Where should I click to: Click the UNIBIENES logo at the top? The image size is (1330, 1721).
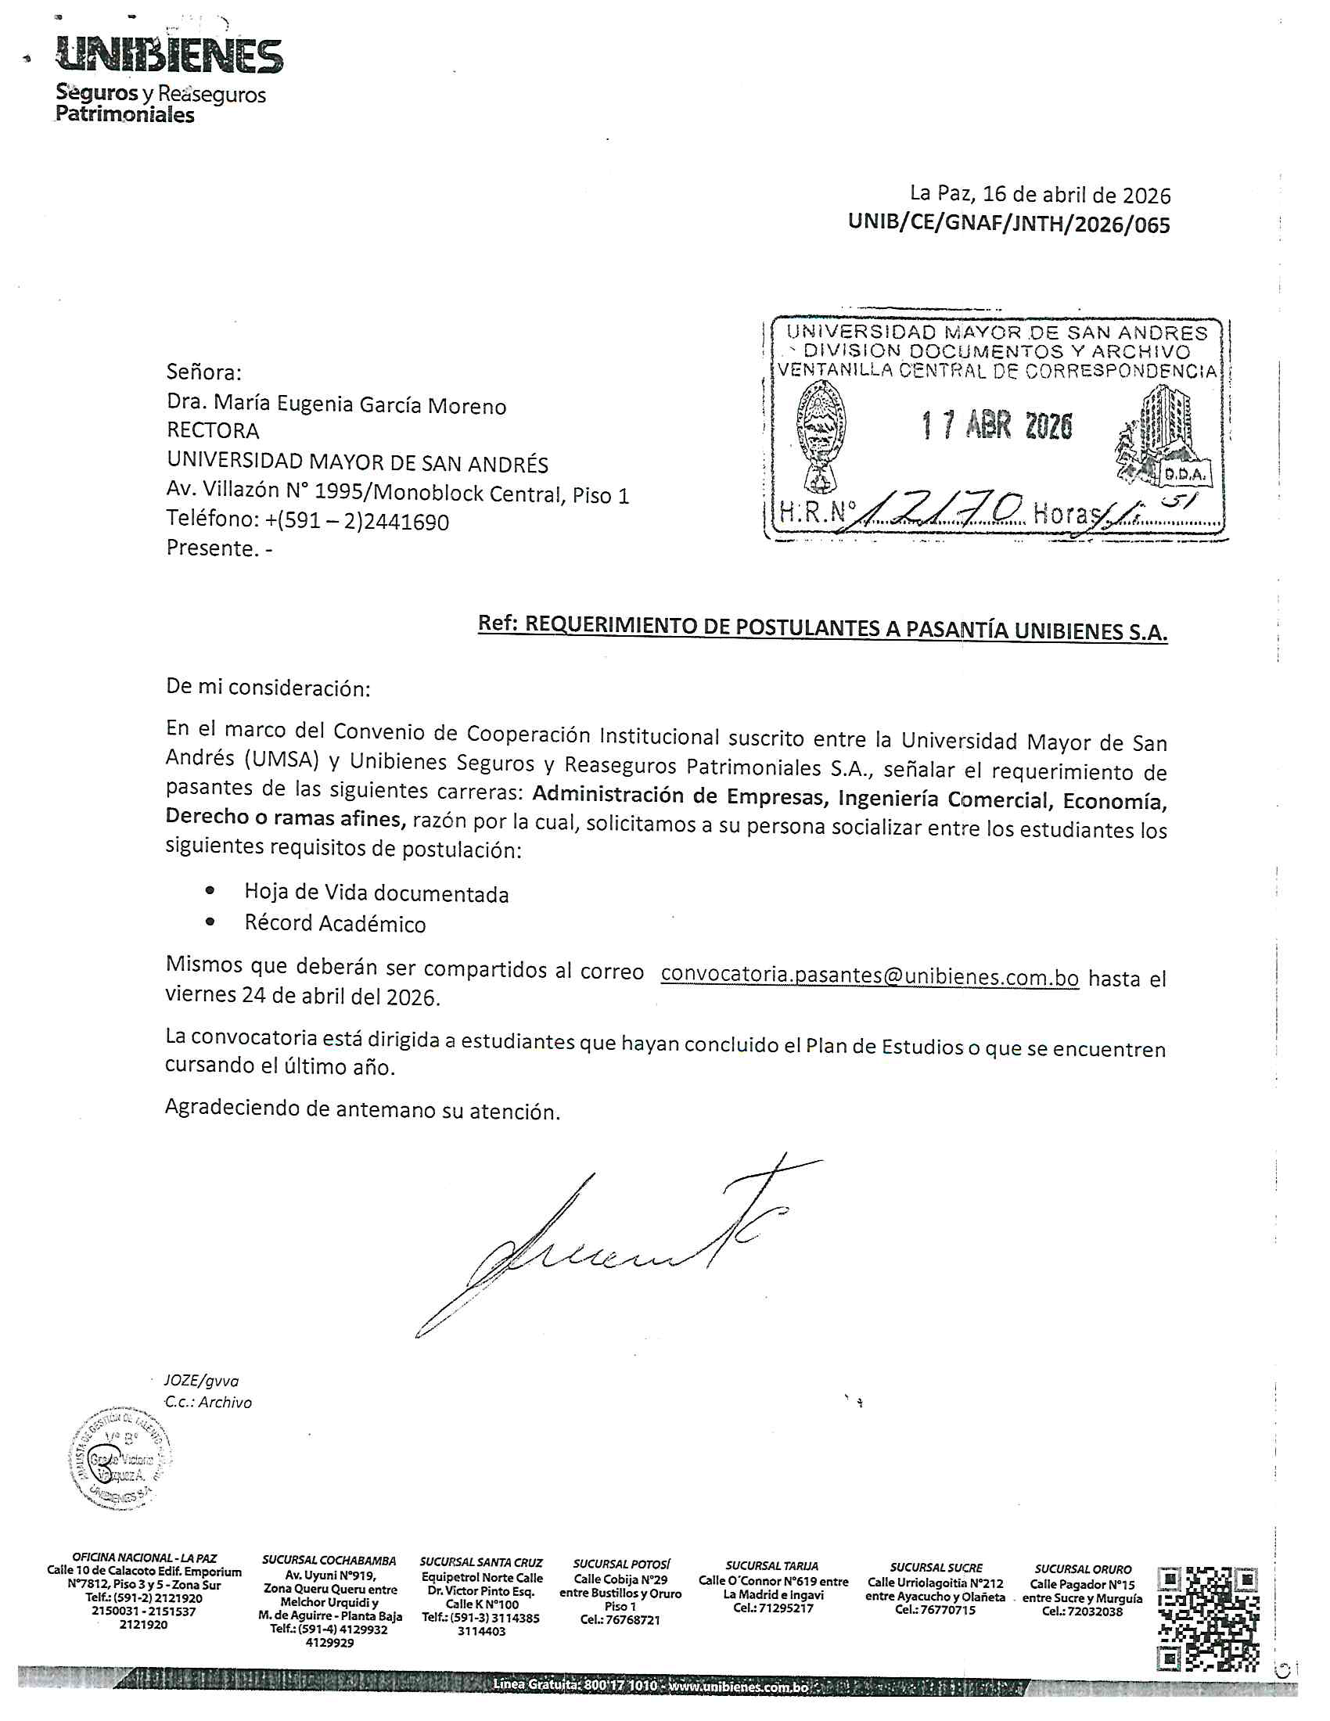click(x=169, y=57)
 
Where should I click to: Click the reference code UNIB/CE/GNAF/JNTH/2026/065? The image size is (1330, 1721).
click(x=1008, y=225)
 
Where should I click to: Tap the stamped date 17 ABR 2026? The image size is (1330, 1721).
click(x=997, y=426)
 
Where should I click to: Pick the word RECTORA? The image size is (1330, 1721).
click(x=213, y=430)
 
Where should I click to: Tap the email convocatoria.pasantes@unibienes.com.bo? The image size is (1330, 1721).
click(x=869, y=975)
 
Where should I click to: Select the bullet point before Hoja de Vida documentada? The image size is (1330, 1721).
click(x=210, y=890)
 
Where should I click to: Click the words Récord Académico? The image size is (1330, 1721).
click(x=335, y=924)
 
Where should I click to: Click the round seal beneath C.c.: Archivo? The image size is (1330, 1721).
click(x=120, y=1459)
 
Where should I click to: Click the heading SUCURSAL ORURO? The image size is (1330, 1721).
click(x=1083, y=1569)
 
